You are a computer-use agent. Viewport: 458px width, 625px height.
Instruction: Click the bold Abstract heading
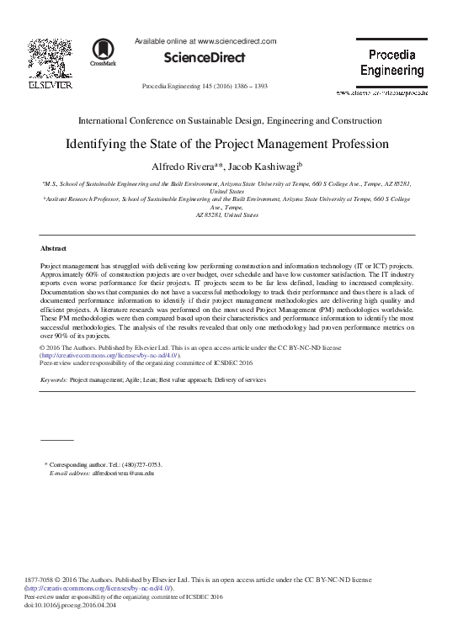click(54, 249)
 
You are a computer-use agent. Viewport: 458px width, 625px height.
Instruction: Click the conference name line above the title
click(229, 121)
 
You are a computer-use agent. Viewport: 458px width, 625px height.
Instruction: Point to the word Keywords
click(54, 380)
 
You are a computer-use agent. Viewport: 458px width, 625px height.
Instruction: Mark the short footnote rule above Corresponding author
click(57, 440)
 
